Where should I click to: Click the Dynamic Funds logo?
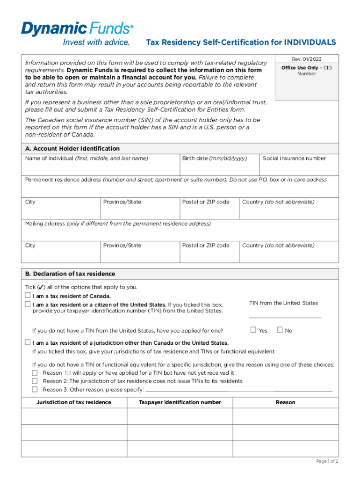[x=77, y=34]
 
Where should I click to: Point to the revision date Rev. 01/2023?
[x=306, y=59]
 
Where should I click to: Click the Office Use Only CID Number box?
[x=306, y=84]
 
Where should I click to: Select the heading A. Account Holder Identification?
[x=72, y=148]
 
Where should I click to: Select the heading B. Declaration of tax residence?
[x=70, y=274]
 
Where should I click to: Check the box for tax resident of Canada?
[x=28, y=296]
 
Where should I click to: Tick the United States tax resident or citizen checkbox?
[x=28, y=305]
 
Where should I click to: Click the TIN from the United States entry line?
[x=285, y=314]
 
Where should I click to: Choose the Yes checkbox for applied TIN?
[x=253, y=330]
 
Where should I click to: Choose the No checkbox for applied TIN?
[x=280, y=330]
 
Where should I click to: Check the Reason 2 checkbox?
[x=35, y=381]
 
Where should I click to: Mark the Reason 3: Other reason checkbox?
[x=35, y=389]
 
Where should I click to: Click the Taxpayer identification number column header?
[x=180, y=402]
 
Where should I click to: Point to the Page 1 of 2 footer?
[x=327, y=461]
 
